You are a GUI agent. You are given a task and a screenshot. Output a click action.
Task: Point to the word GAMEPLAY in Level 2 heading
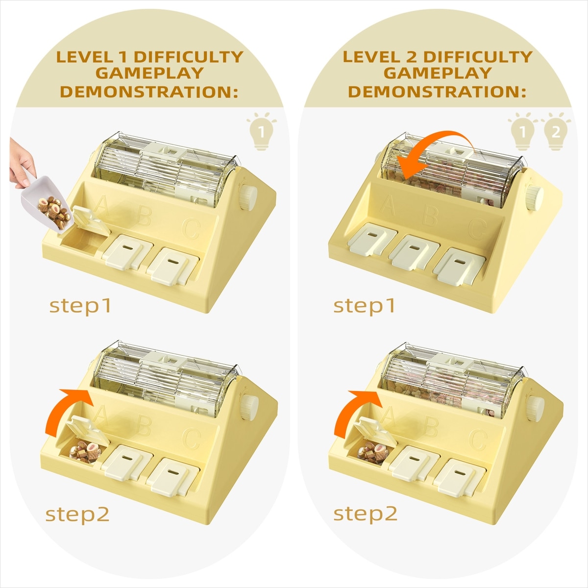[438, 73]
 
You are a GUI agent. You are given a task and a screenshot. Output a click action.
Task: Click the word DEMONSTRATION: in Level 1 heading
[149, 92]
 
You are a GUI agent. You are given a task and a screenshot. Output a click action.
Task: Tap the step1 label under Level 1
[80, 306]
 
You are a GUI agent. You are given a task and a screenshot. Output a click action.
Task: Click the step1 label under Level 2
[364, 306]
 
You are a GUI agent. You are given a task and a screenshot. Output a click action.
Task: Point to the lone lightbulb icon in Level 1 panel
[261, 131]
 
